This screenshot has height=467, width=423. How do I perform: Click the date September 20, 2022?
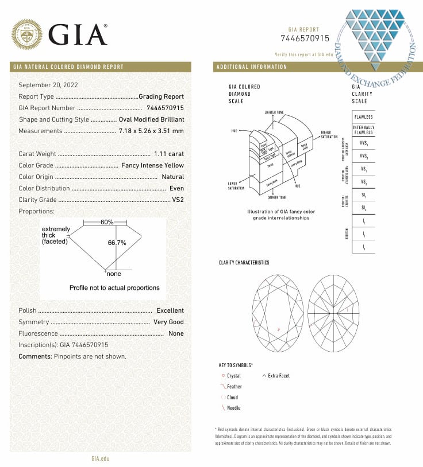click(x=48, y=85)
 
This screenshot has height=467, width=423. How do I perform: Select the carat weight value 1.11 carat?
click(x=169, y=154)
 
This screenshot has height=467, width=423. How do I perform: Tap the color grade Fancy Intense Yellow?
click(x=153, y=165)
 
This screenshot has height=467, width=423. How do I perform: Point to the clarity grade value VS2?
click(x=178, y=200)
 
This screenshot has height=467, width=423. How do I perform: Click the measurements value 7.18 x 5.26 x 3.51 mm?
click(x=151, y=131)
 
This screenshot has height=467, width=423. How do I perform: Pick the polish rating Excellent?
click(x=170, y=310)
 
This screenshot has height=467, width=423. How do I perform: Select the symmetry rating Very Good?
click(x=169, y=322)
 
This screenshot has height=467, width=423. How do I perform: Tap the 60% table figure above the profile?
click(x=107, y=222)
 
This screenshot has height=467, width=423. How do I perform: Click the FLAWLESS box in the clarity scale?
click(x=363, y=116)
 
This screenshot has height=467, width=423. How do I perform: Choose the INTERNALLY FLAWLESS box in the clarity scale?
click(x=363, y=130)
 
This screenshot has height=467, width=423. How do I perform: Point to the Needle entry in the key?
click(x=233, y=408)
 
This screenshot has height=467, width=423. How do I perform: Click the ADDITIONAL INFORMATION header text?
click(x=252, y=67)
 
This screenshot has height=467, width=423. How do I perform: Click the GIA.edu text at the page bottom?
click(x=100, y=458)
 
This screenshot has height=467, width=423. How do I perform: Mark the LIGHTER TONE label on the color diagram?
click(x=274, y=112)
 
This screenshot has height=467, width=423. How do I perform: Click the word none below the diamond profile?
click(x=114, y=274)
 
